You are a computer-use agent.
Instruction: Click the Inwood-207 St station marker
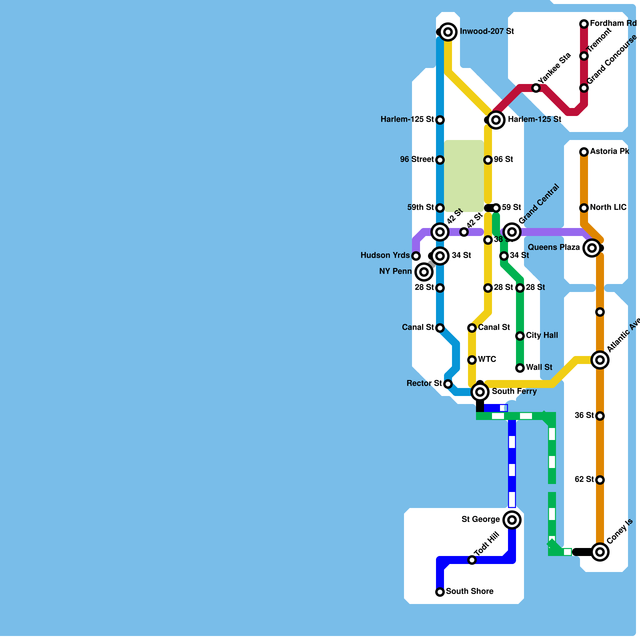448,32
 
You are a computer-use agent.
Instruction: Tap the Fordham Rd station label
613,24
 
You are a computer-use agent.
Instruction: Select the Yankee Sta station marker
536,88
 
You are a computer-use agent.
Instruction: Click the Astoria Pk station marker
584,152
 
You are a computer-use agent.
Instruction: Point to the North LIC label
608,208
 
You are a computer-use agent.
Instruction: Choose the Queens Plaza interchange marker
592,248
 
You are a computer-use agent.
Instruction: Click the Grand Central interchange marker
512,232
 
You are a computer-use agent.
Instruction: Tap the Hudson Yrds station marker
416,256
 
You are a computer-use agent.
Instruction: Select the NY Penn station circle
424,272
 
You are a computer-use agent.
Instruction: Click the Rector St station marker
448,384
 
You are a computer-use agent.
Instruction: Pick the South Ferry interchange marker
480,392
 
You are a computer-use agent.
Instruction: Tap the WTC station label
487,360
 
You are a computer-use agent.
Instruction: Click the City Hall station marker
520,336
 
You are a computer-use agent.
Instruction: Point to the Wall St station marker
520,368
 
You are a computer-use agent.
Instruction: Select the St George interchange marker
512,520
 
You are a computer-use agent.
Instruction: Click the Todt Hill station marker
472,560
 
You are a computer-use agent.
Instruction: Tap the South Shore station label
470,592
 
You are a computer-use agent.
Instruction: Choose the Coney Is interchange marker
600,552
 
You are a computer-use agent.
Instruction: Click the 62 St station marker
600,480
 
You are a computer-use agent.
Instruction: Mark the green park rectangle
464,176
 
